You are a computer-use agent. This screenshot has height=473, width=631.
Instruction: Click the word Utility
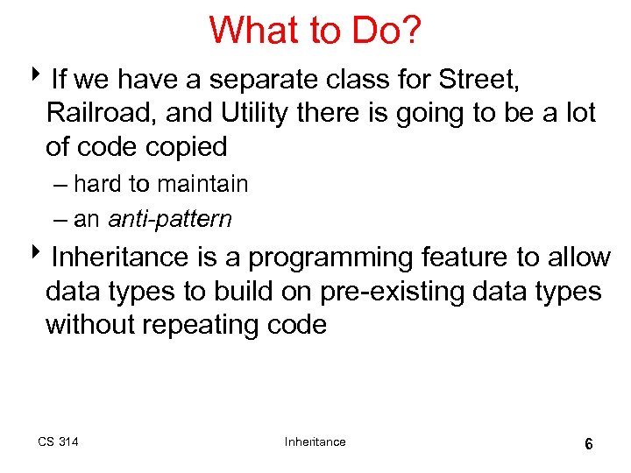[257, 114]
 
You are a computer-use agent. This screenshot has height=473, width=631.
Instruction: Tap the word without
[91, 325]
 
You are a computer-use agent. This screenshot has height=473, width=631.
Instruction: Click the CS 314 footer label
[58, 441]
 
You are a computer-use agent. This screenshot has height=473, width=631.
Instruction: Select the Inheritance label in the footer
[315, 441]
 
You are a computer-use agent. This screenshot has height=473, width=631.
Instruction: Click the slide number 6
[589, 444]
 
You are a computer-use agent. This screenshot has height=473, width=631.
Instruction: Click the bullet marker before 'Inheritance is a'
[41, 257]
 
